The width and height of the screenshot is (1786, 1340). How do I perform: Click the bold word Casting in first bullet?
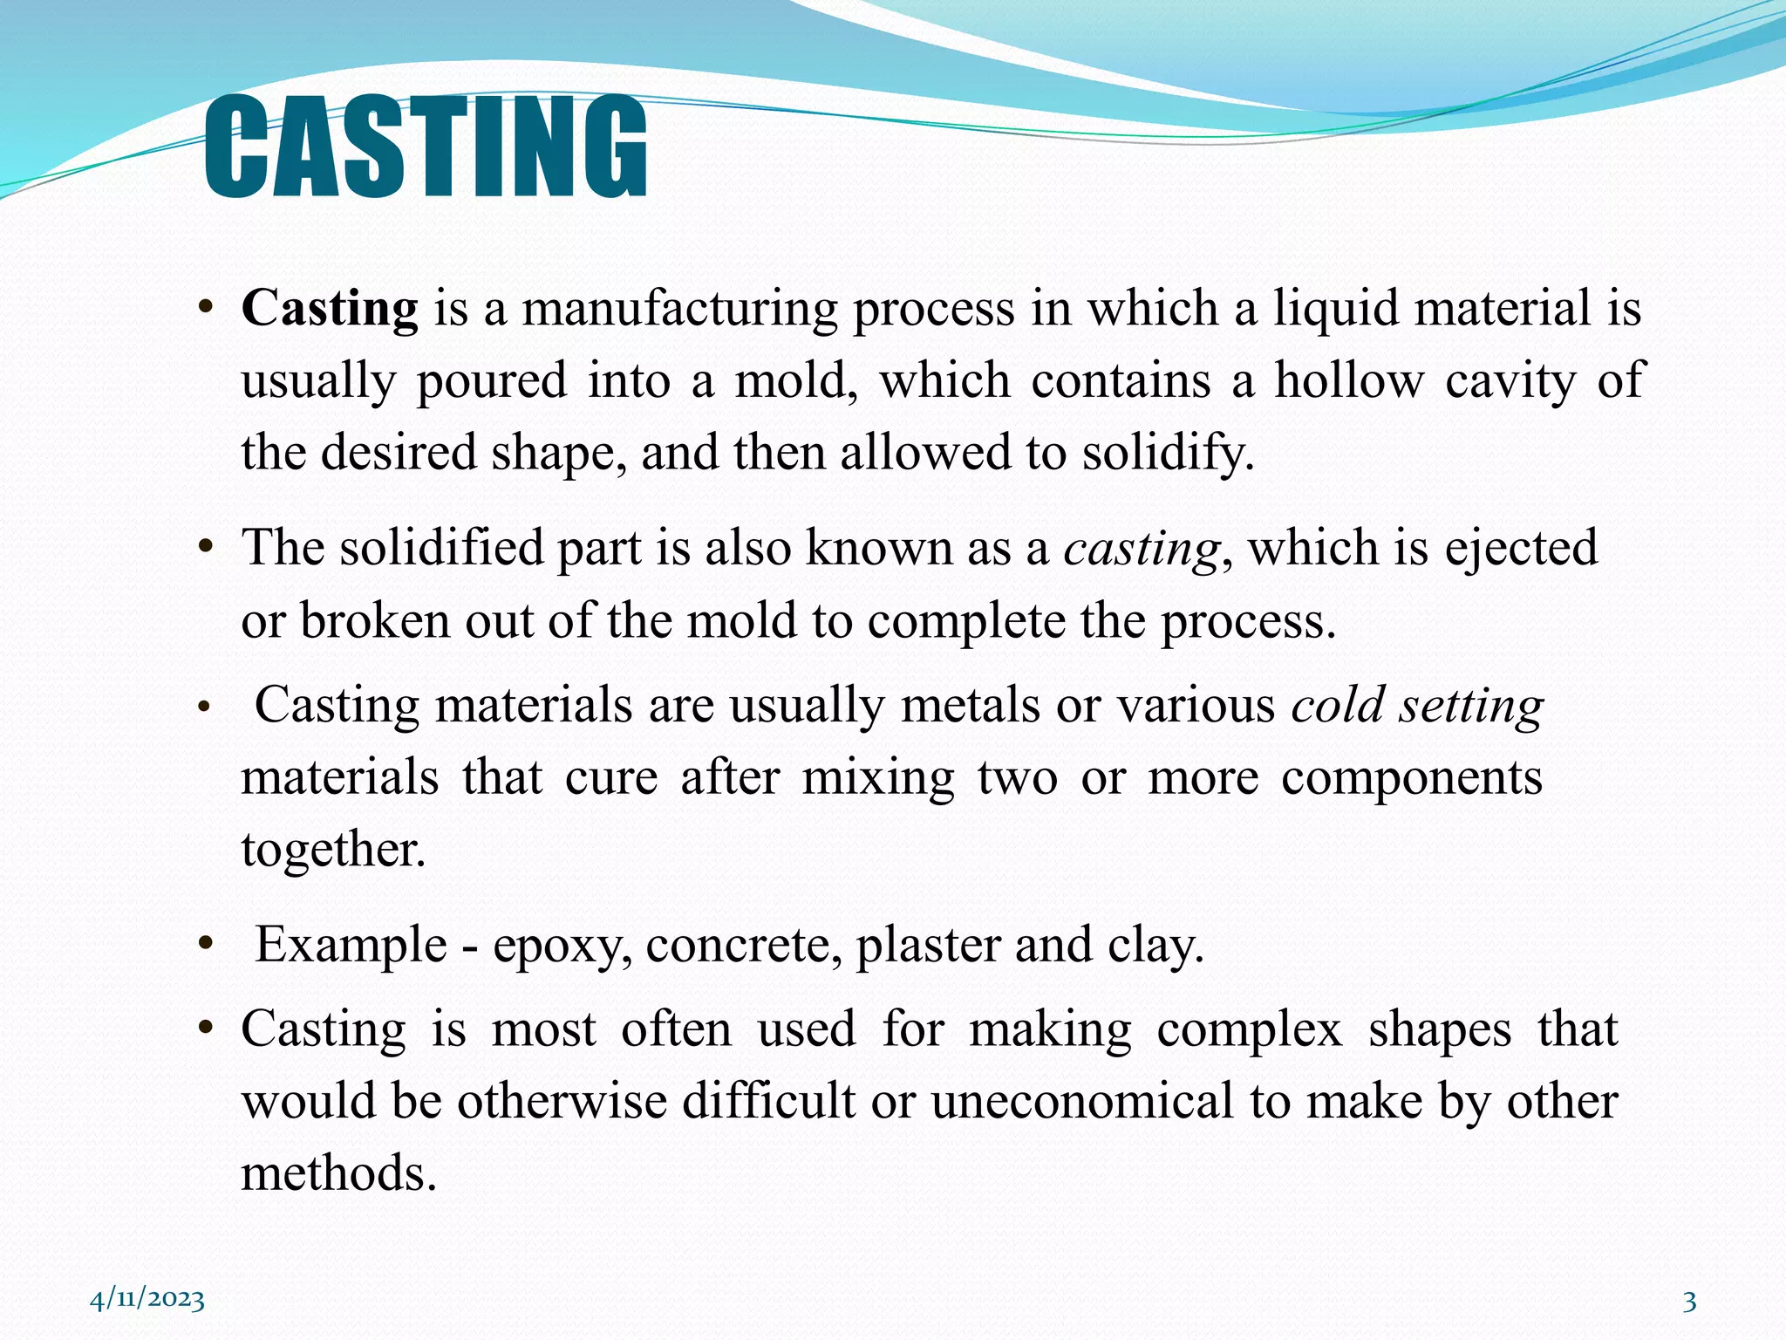pos(330,309)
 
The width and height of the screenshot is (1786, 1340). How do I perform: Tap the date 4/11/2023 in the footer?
pos(147,1300)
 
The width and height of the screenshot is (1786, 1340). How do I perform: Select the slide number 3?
pos(1689,1302)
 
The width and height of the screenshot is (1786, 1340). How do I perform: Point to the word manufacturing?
pos(679,309)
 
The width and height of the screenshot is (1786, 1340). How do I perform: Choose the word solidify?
pos(1168,453)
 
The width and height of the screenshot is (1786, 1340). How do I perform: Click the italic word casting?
pos(1141,550)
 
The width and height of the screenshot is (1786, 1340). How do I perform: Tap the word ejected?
pos(1521,550)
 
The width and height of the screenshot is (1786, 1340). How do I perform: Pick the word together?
pos(333,850)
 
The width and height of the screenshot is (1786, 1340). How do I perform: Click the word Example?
pos(351,946)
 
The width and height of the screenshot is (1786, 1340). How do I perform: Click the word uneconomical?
pos(1081,1101)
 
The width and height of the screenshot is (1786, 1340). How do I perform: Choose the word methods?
pos(338,1172)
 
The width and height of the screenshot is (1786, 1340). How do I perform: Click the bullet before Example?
pos(205,944)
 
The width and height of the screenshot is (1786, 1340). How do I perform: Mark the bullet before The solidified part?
pos(205,548)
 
